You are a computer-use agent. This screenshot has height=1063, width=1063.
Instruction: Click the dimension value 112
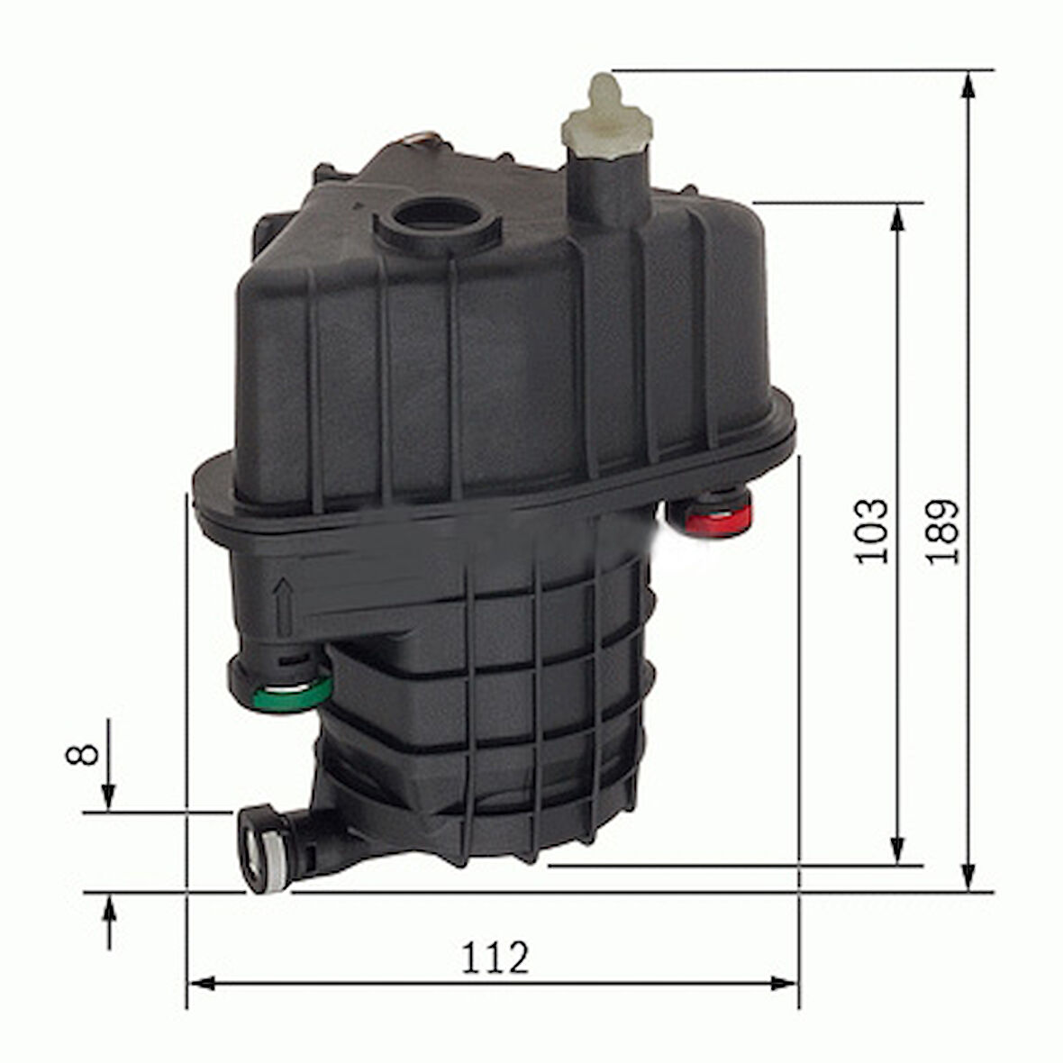[x=494, y=958]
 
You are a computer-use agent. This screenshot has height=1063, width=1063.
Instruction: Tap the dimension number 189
[x=943, y=531]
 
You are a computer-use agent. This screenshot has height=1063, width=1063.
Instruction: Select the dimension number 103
[x=872, y=531]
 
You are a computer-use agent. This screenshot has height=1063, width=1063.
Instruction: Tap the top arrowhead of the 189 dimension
[x=968, y=86]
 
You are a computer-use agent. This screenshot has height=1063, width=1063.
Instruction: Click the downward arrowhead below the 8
[x=108, y=796]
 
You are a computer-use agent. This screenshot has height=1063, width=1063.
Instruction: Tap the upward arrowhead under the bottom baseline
[x=108, y=910]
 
